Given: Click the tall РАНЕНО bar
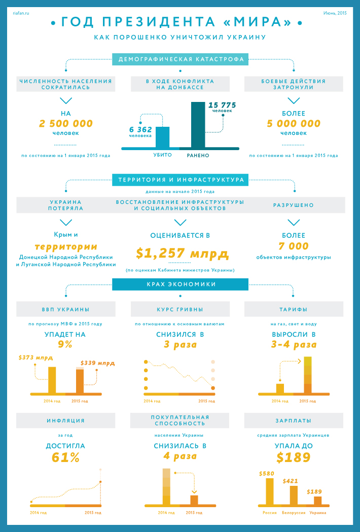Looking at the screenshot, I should (198, 125).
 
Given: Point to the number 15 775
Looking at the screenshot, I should (222, 105).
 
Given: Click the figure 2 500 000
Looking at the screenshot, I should (66, 123).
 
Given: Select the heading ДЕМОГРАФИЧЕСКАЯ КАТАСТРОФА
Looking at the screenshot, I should (181, 59).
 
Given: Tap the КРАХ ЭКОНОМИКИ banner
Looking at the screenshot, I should (181, 285).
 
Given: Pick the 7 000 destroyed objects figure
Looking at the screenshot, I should (294, 246).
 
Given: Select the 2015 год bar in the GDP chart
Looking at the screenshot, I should (80, 381).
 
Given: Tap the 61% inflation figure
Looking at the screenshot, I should (65, 457).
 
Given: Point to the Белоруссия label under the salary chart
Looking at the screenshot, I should (294, 513).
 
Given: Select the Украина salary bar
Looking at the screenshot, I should (318, 500).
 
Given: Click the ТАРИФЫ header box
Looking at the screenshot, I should (294, 309).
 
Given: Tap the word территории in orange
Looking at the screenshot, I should (66, 247).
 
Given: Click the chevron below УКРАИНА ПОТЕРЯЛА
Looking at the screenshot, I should (66, 222).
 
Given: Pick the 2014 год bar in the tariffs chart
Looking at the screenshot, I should (280, 388).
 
